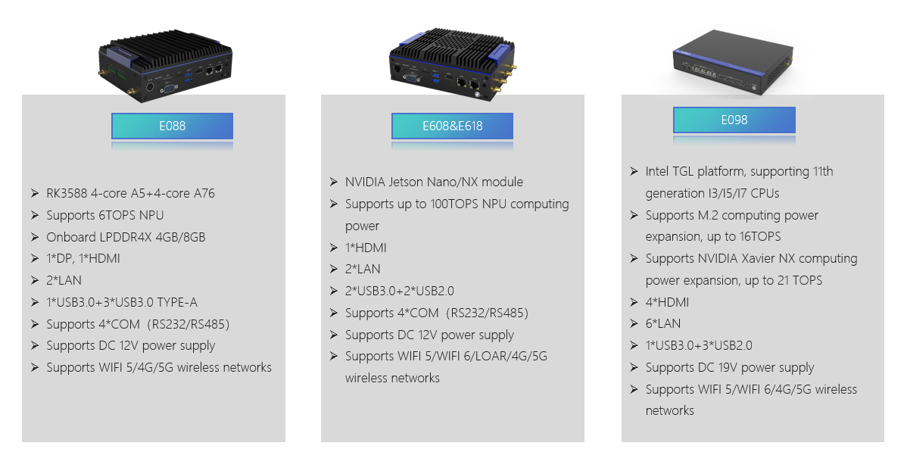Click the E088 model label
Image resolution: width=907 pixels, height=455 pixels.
[173, 126]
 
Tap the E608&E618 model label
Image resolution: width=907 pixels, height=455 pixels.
[452, 126]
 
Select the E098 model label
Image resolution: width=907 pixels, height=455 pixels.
[734, 120]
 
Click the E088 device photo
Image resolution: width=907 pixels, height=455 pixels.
[166, 65]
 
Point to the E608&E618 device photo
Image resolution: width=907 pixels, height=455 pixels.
[452, 65]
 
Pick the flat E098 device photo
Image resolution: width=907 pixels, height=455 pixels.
[731, 62]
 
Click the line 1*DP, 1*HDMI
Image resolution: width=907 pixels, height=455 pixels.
[83, 258]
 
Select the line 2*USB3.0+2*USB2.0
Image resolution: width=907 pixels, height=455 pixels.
[399, 291]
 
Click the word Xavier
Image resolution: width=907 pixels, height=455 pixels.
[754, 258]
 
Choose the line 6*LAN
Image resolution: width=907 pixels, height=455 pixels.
[663, 324]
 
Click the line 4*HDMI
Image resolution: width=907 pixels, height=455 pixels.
[667, 302]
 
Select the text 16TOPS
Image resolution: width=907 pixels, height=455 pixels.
[760, 236]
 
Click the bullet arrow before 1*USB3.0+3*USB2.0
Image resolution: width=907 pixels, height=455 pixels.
[634, 346]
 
